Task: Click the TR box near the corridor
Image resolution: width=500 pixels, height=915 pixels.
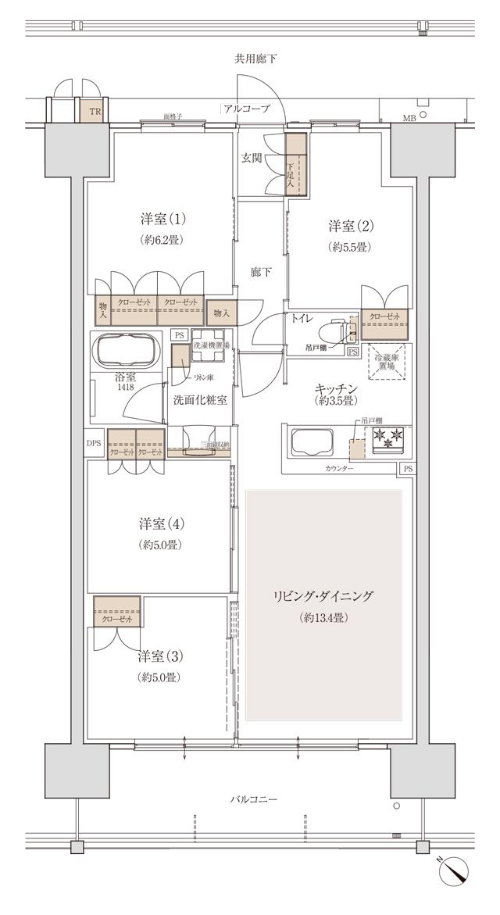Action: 95,112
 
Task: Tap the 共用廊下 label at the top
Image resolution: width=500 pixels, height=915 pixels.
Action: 255,59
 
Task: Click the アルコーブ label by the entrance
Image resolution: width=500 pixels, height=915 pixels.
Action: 246,109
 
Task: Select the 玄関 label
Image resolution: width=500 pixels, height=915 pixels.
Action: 251,159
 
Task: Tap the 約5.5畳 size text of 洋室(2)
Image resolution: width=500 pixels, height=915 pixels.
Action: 349,247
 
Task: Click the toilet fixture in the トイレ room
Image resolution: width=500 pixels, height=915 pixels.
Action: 337,329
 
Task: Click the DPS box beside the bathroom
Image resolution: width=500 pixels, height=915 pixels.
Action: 95,442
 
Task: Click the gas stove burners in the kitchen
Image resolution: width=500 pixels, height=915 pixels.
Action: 387,440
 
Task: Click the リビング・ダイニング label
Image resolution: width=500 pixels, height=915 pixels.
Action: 323,596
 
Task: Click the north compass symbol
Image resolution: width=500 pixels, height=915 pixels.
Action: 455,870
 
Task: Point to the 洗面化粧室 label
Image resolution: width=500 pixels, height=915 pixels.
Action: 200,399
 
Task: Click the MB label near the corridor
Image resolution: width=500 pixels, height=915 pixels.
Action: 409,117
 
